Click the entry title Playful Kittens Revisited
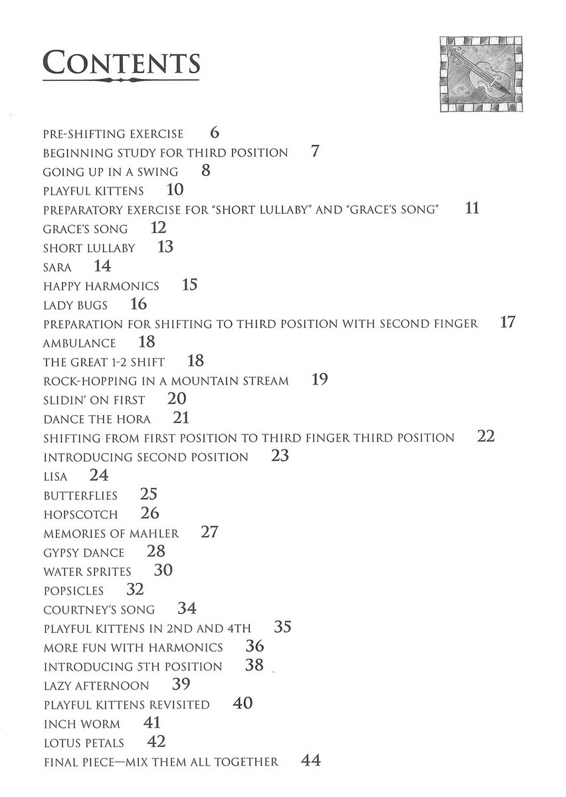click(126, 705)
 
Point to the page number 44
click(311, 761)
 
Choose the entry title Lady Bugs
click(75, 306)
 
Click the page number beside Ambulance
click(147, 343)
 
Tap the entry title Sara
click(57, 268)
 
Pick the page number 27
click(209, 532)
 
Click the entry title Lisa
click(56, 477)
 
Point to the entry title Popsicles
click(74, 591)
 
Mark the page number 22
click(486, 437)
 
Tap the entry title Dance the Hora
click(97, 420)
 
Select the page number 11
click(472, 209)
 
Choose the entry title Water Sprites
click(87, 572)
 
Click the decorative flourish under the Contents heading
click(121, 81)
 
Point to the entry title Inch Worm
click(82, 724)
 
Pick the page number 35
click(282, 628)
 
